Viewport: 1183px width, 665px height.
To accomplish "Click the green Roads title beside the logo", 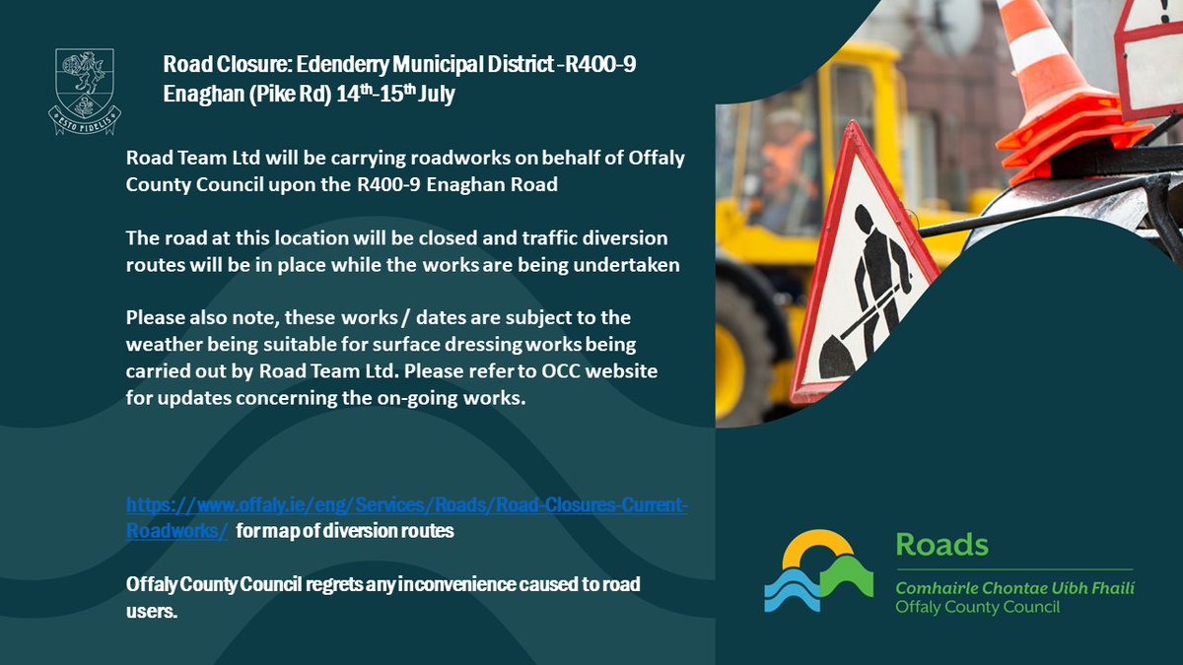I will pos(940,544).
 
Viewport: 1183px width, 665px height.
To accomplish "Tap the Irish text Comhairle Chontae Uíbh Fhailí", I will pos(1014,587).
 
